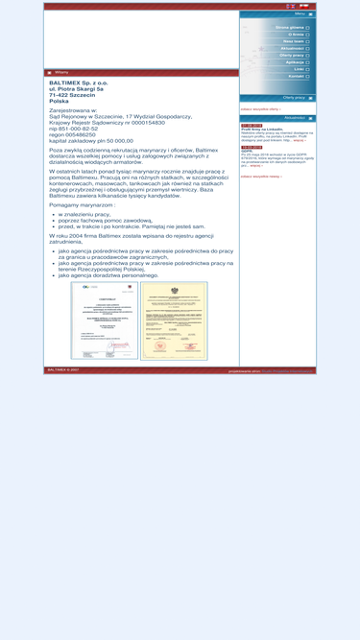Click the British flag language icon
click(x=289, y=6)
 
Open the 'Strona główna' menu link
click(x=290, y=28)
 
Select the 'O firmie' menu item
click(x=296, y=35)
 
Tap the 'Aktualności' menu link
click(x=292, y=48)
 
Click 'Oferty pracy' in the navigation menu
click(x=292, y=55)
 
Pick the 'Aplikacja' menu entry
click(x=295, y=62)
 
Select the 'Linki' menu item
click(x=299, y=69)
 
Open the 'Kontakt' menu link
click(x=296, y=76)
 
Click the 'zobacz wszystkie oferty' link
click(x=260, y=109)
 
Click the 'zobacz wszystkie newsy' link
click(x=260, y=177)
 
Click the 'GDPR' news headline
click(x=247, y=151)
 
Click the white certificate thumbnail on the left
click(x=103, y=320)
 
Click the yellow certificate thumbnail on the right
click(x=174, y=320)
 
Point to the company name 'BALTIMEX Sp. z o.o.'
click(x=79, y=83)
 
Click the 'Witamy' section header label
click(x=61, y=73)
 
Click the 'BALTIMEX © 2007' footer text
click(x=62, y=369)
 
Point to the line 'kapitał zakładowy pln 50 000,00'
click(x=91, y=141)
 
